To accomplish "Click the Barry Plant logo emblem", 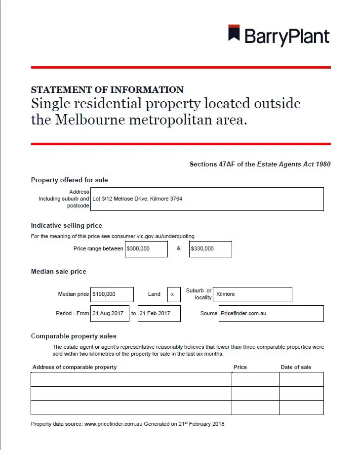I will point(234,34).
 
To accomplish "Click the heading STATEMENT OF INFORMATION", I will point(107,90).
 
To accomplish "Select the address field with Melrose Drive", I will point(207,199).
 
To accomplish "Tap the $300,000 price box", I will point(146,249).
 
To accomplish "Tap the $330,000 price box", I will point(210,249).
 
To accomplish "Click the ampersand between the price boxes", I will point(179,248).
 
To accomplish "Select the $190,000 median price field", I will point(112,294).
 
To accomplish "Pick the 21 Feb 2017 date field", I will point(159,313).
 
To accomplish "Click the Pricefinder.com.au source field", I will point(271,313).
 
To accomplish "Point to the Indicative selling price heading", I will point(66,225).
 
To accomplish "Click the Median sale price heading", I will point(58,271).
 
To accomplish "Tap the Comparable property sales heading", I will point(74,336).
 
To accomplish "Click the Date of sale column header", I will point(296,367).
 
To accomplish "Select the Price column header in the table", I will point(240,367).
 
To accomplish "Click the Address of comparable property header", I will point(75,367).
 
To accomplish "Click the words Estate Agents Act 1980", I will point(294,164).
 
